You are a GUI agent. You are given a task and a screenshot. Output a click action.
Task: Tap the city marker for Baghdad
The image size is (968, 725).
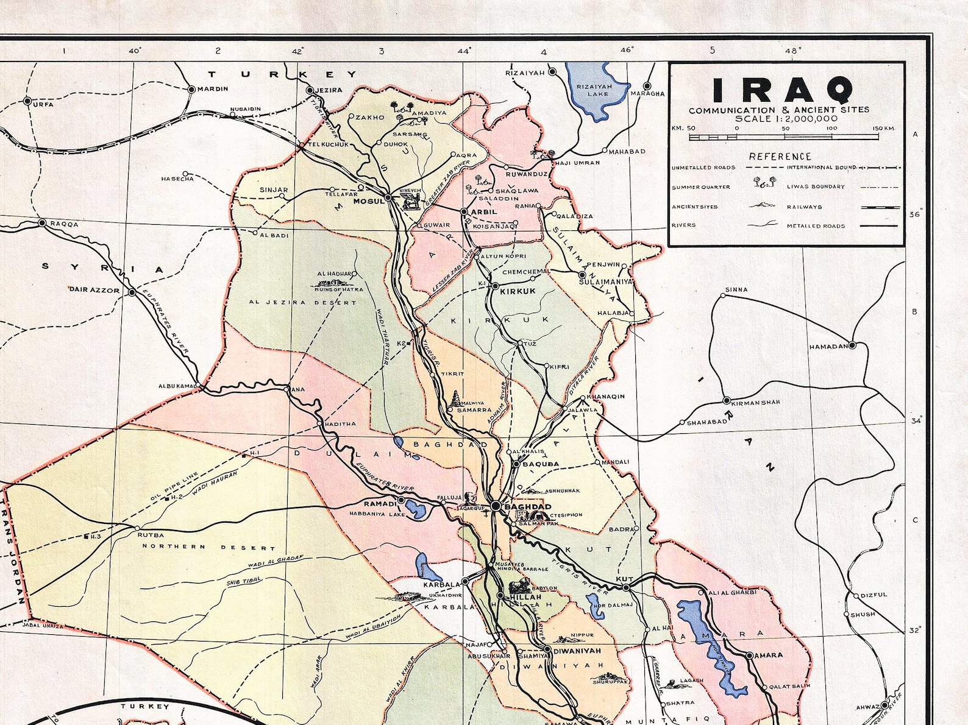(x=496, y=506)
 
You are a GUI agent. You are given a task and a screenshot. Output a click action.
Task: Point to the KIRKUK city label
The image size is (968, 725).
(x=518, y=291)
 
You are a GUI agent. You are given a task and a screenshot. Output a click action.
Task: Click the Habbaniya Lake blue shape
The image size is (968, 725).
(x=416, y=509)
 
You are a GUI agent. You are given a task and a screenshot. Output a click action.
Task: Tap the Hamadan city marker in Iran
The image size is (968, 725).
(x=852, y=345)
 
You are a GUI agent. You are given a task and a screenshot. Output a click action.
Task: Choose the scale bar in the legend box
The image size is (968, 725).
(x=783, y=137)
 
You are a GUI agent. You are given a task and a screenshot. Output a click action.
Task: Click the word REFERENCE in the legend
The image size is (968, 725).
(x=780, y=157)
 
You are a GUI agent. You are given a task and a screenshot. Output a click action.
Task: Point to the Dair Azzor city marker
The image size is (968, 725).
(x=132, y=292)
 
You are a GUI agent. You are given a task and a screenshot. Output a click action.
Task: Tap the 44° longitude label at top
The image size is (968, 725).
(x=464, y=51)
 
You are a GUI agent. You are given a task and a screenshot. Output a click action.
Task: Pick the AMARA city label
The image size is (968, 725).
(x=769, y=656)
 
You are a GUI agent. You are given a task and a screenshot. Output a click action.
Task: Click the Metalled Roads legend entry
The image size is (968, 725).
(x=816, y=226)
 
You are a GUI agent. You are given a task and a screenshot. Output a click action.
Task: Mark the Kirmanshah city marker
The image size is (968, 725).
(x=726, y=401)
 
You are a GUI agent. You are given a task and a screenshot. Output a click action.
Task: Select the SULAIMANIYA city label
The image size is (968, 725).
(x=605, y=282)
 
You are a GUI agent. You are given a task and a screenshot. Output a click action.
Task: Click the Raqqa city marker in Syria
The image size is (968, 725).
(x=42, y=223)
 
